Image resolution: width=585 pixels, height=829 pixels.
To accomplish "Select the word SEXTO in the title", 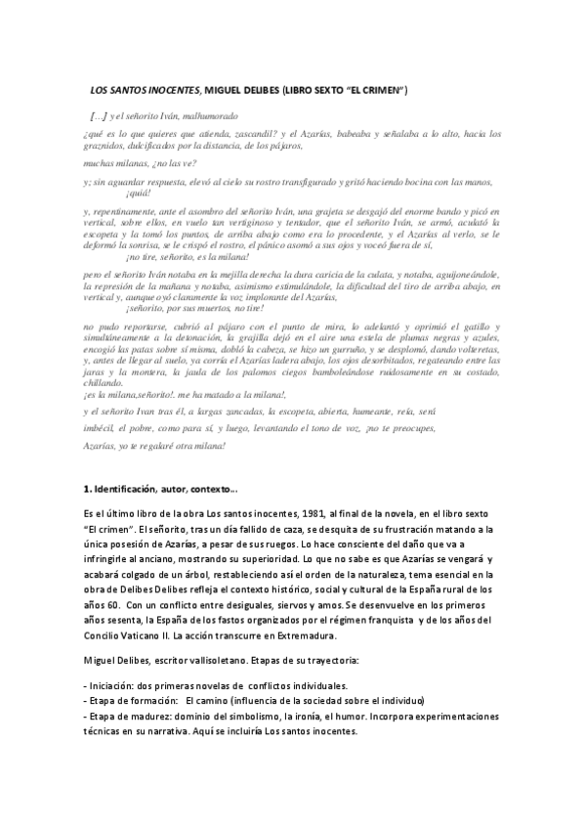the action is [x=330, y=90].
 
